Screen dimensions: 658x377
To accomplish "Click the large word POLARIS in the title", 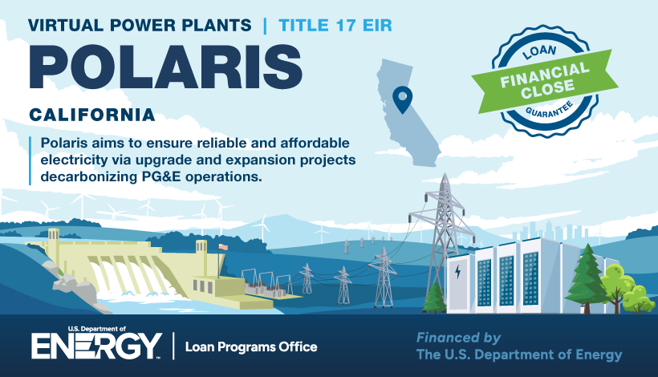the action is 165,67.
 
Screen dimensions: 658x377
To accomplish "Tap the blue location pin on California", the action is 402,99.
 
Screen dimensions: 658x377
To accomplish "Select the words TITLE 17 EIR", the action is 335,26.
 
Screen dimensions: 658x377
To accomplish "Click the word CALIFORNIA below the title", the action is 92,115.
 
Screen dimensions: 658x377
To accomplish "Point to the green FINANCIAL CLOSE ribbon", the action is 545,81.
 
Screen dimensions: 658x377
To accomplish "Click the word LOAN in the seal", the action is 540,51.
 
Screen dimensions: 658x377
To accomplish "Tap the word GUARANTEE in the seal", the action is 550,110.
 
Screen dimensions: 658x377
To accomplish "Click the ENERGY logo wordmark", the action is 96,346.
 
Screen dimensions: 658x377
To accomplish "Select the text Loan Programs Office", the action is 251,347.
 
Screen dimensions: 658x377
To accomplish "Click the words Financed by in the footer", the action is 458,338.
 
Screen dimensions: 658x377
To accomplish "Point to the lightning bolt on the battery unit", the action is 458,272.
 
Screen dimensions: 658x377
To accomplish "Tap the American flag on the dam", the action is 223,246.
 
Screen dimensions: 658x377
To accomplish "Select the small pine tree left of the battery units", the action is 434,298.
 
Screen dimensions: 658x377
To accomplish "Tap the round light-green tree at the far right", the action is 638,298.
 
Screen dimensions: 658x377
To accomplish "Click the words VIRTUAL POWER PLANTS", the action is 140,26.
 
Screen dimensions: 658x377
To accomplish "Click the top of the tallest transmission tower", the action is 445,174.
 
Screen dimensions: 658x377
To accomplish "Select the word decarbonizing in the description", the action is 88,176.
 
